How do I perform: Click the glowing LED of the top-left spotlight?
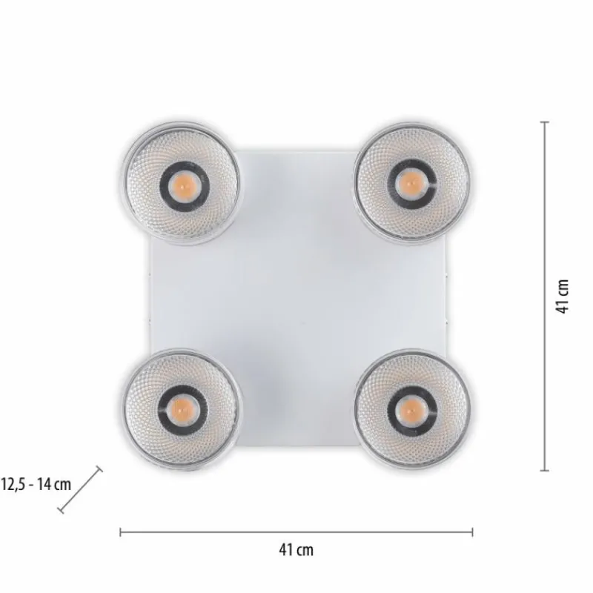[182, 182]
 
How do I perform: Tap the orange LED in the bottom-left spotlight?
[182, 407]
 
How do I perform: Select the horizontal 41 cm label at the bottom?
[296, 549]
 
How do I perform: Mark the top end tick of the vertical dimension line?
[545, 122]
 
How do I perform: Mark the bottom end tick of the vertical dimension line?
[545, 470]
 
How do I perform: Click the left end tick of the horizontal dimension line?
[120, 531]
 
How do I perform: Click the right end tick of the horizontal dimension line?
[473, 531]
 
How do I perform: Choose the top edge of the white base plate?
[296, 147]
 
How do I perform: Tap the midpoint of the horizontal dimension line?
[296, 531]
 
